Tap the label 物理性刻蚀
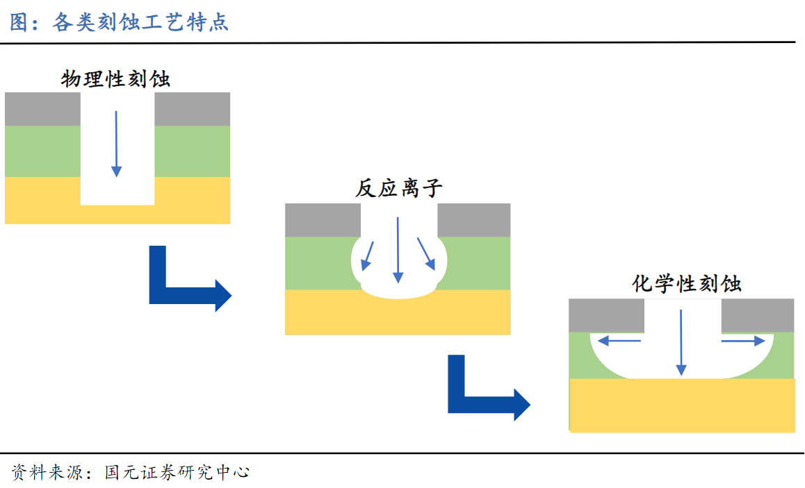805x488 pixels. pos(116,79)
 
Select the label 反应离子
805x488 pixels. pos(398,188)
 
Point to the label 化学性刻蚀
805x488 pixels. pos(686,283)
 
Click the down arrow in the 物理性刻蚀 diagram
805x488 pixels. pos(116,143)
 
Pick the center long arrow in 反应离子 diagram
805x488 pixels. pos(398,250)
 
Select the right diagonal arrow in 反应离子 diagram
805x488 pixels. pos(425,254)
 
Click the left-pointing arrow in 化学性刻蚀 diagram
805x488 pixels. pos(620,340)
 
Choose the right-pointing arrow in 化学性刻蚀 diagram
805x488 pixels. pos(742,340)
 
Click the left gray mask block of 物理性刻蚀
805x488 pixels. pos(42,109)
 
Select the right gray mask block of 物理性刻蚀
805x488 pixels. pos(192,109)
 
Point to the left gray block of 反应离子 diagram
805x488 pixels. pos(323,220)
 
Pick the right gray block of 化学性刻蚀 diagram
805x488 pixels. pos(758,316)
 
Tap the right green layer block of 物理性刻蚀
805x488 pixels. pos(192,151)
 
